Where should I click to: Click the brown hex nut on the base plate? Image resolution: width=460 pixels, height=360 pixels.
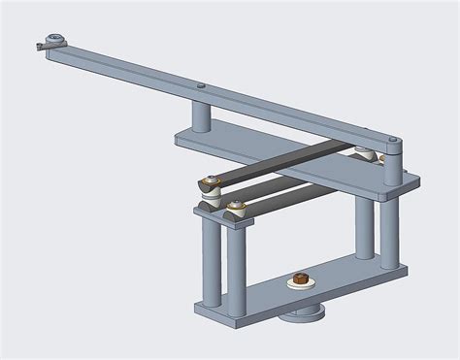pyautogui.click(x=300, y=281)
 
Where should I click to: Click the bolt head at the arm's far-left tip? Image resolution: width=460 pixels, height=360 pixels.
pyautogui.click(x=50, y=41)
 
